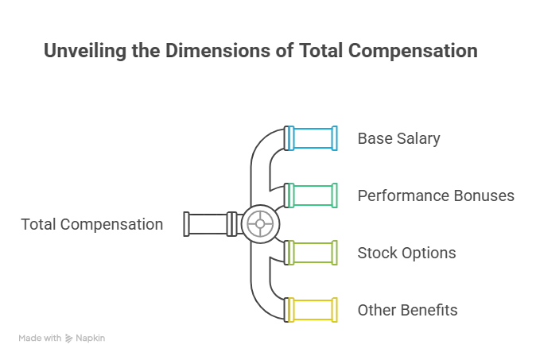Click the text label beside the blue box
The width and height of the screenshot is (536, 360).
coord(398,138)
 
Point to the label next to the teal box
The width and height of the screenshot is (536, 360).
coord(434,195)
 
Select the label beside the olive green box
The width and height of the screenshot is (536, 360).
coord(406,254)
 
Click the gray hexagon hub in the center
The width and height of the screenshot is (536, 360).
coord(256,224)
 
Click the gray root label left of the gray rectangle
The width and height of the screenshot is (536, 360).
coord(91,225)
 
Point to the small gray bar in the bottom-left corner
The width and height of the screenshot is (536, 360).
coord(63,336)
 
